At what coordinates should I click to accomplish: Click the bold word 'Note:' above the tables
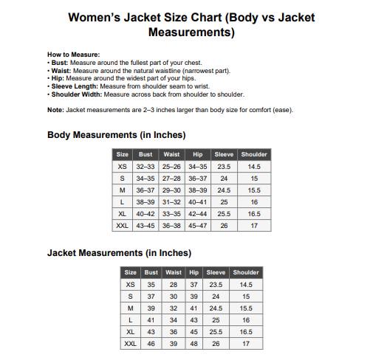(55, 110)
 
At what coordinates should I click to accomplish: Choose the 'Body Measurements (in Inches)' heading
(116, 135)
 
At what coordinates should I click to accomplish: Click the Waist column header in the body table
(171, 154)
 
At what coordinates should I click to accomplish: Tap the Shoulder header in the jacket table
(246, 272)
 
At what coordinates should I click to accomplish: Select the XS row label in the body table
(122, 167)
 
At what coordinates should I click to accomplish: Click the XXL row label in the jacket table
(130, 344)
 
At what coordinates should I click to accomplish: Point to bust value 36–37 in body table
(145, 190)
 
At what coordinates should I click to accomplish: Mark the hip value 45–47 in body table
(197, 226)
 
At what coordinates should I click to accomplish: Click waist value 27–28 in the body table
(171, 179)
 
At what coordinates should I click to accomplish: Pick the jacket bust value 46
(151, 344)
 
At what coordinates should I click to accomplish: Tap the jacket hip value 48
(193, 344)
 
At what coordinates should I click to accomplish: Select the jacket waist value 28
(173, 285)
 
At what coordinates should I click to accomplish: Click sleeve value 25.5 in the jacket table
(216, 332)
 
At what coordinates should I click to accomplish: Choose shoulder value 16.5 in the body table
(254, 214)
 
